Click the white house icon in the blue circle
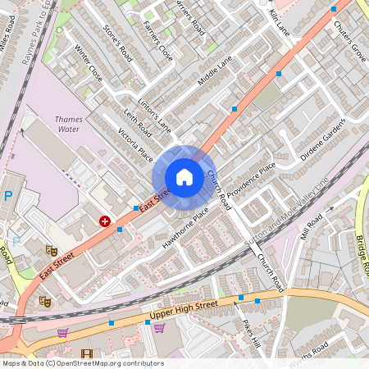click(x=184, y=177)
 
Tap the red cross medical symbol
click(x=105, y=221)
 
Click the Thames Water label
click(x=68, y=123)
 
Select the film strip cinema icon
click(x=87, y=353)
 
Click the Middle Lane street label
click(x=215, y=71)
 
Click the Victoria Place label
click(x=135, y=144)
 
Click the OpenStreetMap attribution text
click(x=83, y=362)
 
